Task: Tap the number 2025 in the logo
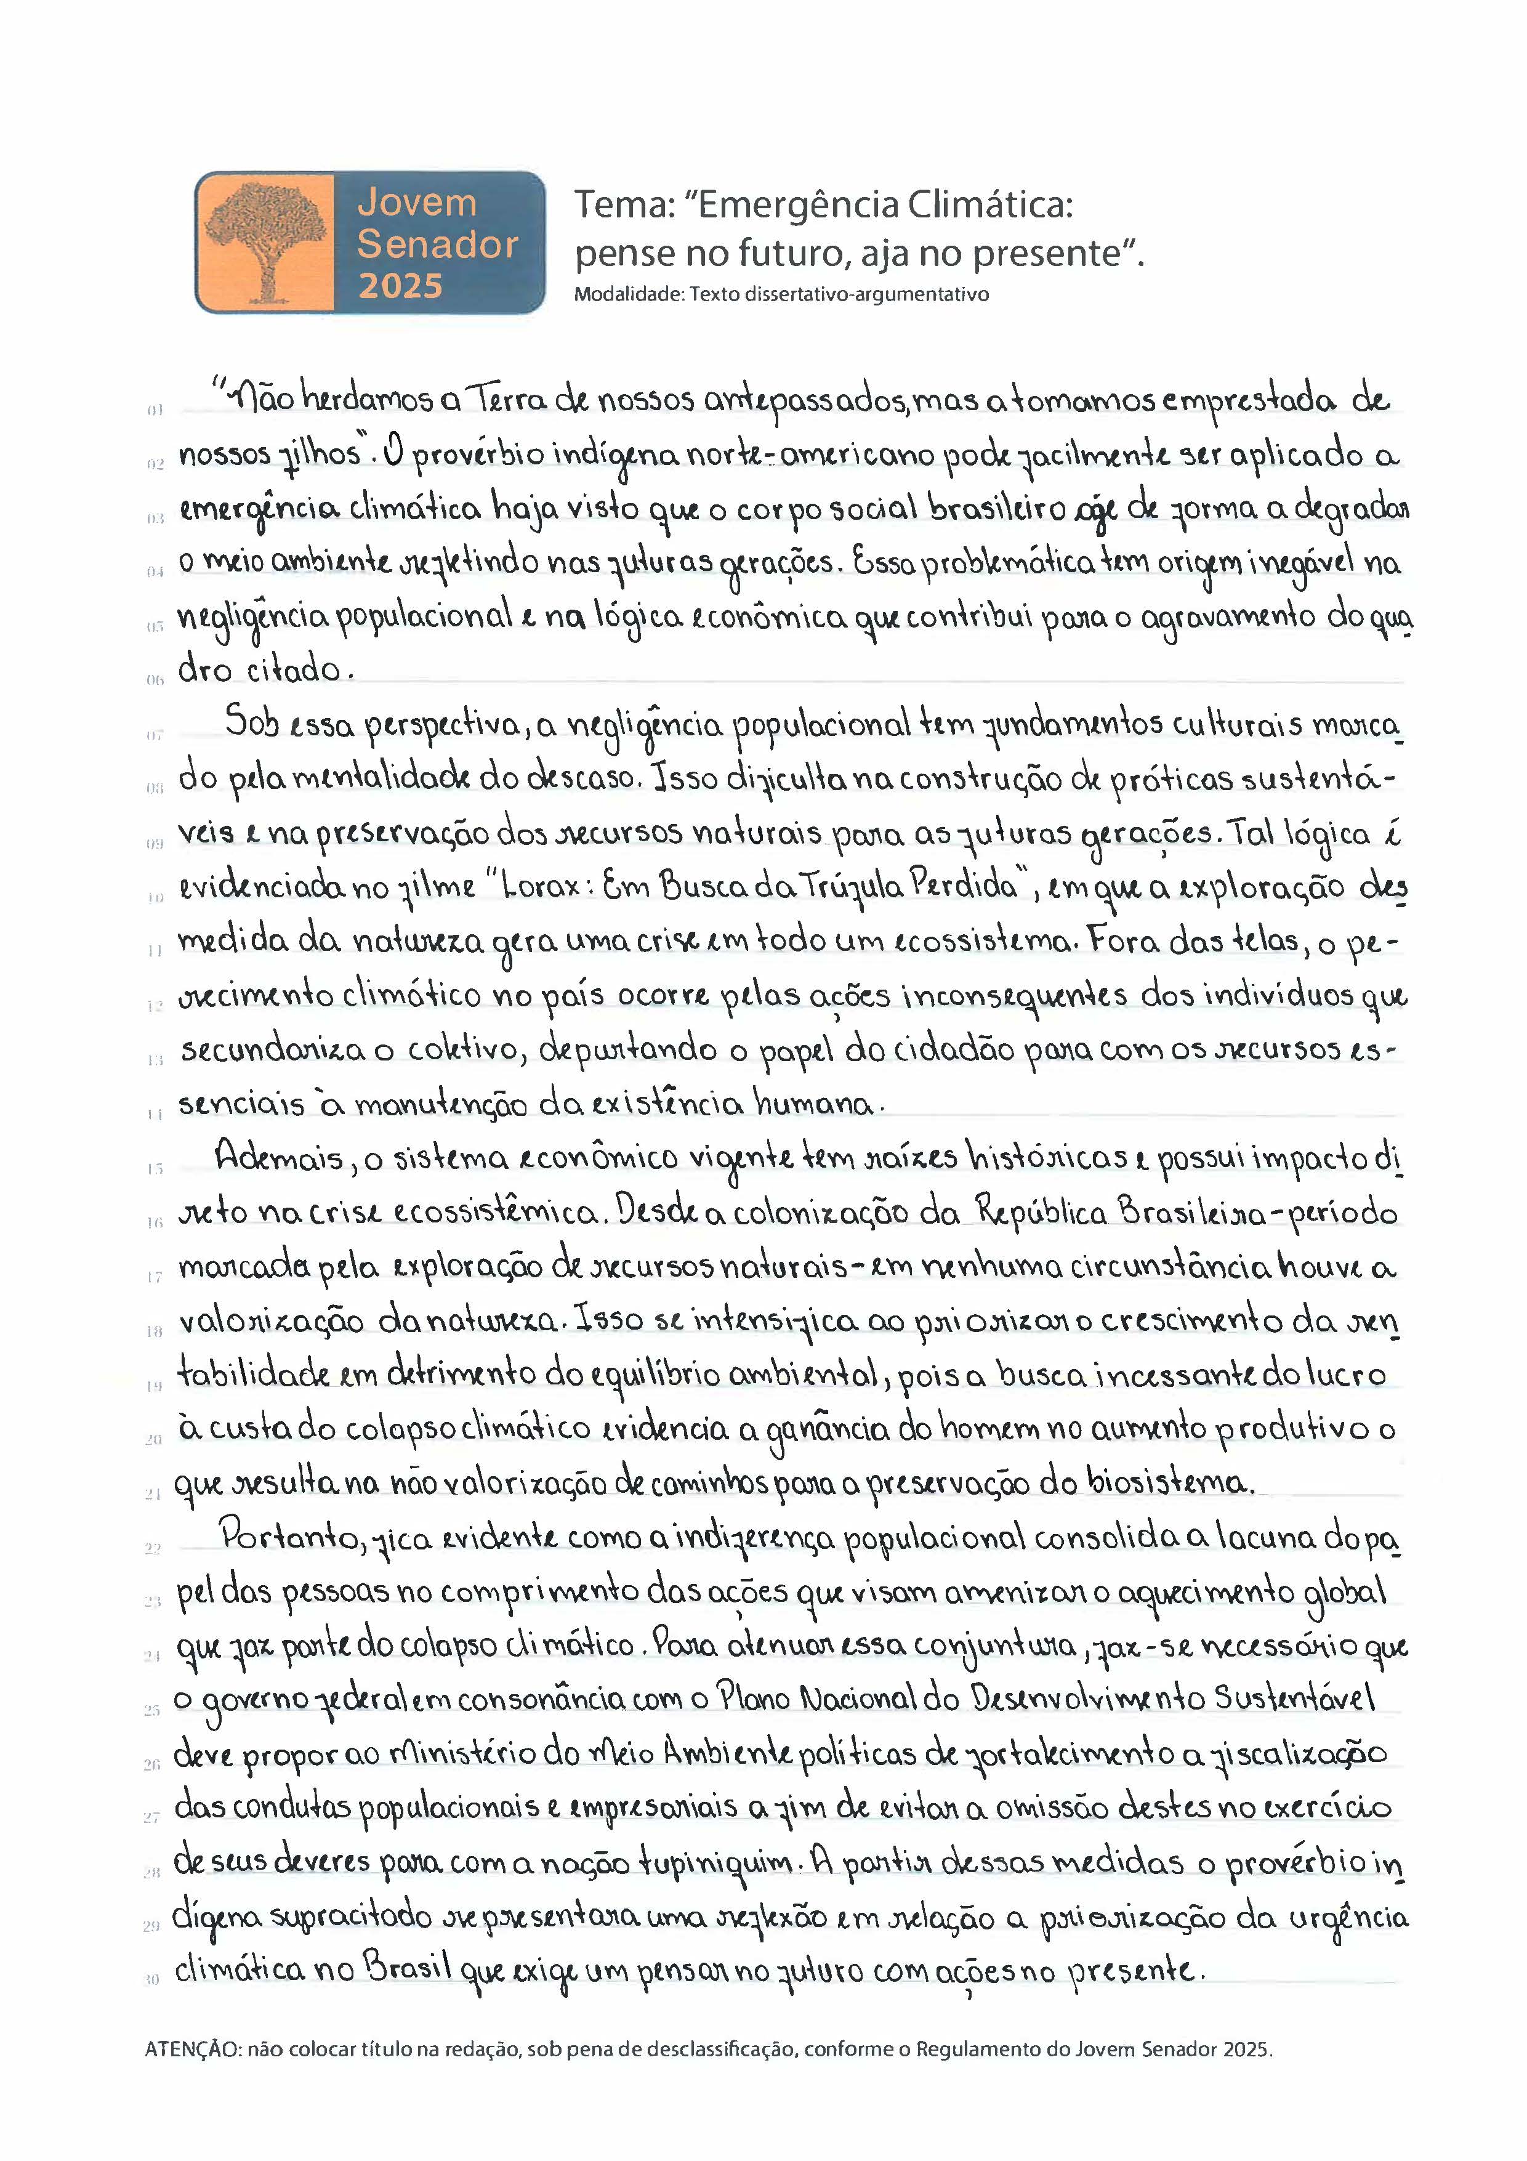tap(400, 285)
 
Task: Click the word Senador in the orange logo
tap(438, 244)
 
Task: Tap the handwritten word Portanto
tap(292, 1537)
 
